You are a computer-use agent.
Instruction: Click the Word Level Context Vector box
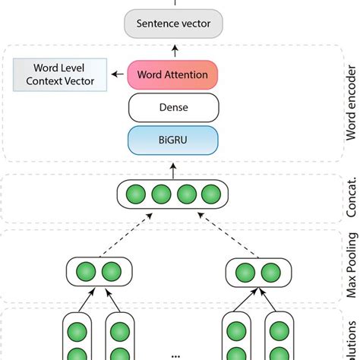pyautogui.click(x=58, y=75)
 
